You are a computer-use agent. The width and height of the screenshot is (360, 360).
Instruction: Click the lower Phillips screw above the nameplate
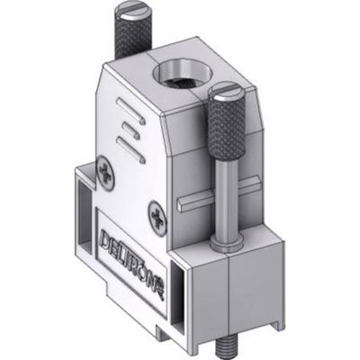[x=160, y=215]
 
